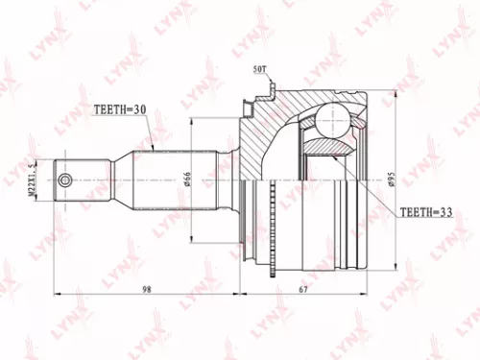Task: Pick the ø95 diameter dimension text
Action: click(x=394, y=179)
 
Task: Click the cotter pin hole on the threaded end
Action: click(x=64, y=180)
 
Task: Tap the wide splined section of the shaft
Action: click(x=178, y=180)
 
